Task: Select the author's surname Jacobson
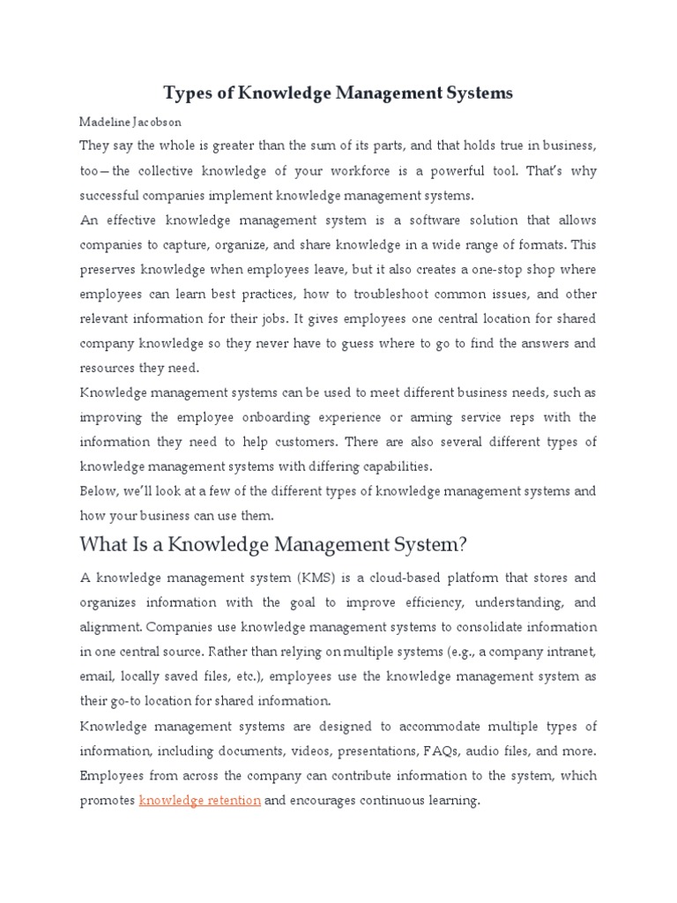pos(156,123)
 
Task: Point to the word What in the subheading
pos(105,544)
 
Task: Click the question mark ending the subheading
pos(459,544)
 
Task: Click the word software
pos(421,219)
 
